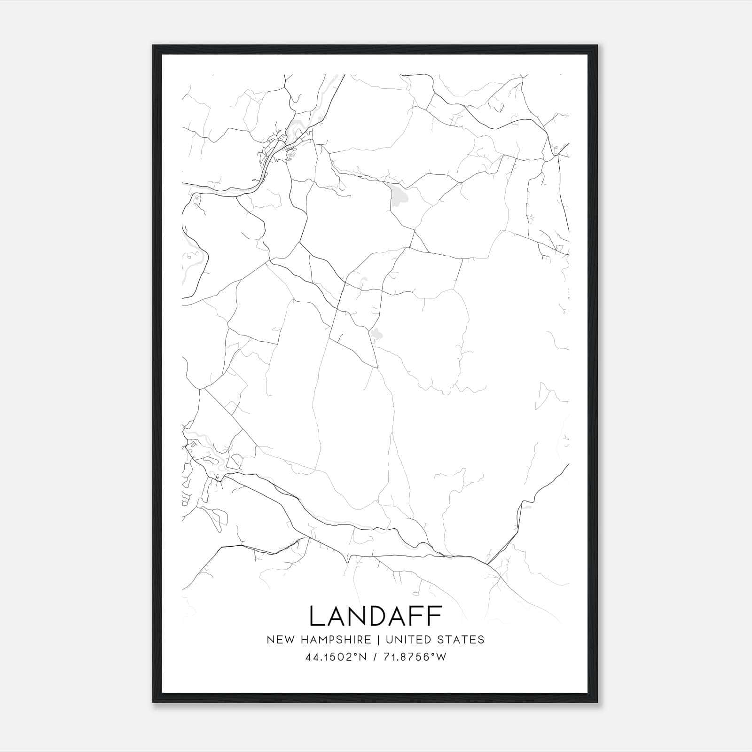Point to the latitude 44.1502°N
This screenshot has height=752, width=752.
click(x=335, y=657)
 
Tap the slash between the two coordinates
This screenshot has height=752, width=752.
click(x=374, y=657)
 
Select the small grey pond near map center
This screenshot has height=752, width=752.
click(x=376, y=334)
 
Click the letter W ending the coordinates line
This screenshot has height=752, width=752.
click(x=441, y=657)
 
